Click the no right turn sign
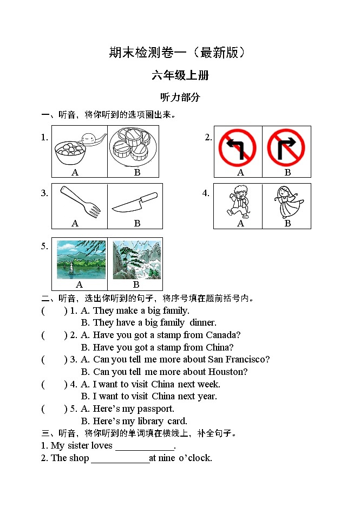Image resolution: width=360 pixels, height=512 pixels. tap(286, 147)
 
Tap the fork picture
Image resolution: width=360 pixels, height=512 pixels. tap(80, 202)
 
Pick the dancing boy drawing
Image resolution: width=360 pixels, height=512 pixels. tap(239, 201)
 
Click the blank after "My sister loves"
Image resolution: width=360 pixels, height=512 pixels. tap(145, 446)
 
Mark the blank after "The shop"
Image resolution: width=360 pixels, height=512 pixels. tap(120, 458)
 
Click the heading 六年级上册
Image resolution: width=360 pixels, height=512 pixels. tap(180, 75)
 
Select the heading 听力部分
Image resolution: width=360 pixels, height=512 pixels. tap(180, 98)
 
